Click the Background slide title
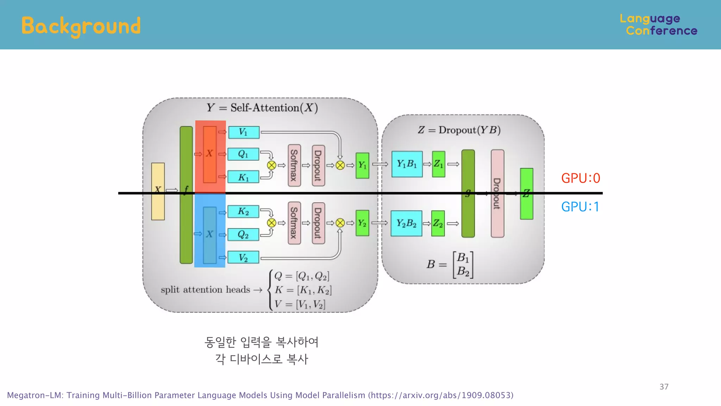click(x=81, y=26)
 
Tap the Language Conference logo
click(x=658, y=25)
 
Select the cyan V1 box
click(x=244, y=132)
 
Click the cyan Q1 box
click(x=243, y=154)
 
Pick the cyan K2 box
click(x=243, y=211)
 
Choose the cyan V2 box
click(x=243, y=257)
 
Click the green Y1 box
click(x=362, y=165)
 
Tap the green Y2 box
click(x=362, y=223)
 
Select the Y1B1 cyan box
click(x=407, y=164)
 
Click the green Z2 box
click(x=438, y=223)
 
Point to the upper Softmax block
click(x=294, y=165)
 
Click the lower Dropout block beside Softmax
click(x=318, y=223)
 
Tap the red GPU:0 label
click(x=581, y=178)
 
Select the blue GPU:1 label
click(x=580, y=207)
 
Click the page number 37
click(x=664, y=387)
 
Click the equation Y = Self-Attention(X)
click(x=262, y=108)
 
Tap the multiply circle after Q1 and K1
click(x=271, y=165)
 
